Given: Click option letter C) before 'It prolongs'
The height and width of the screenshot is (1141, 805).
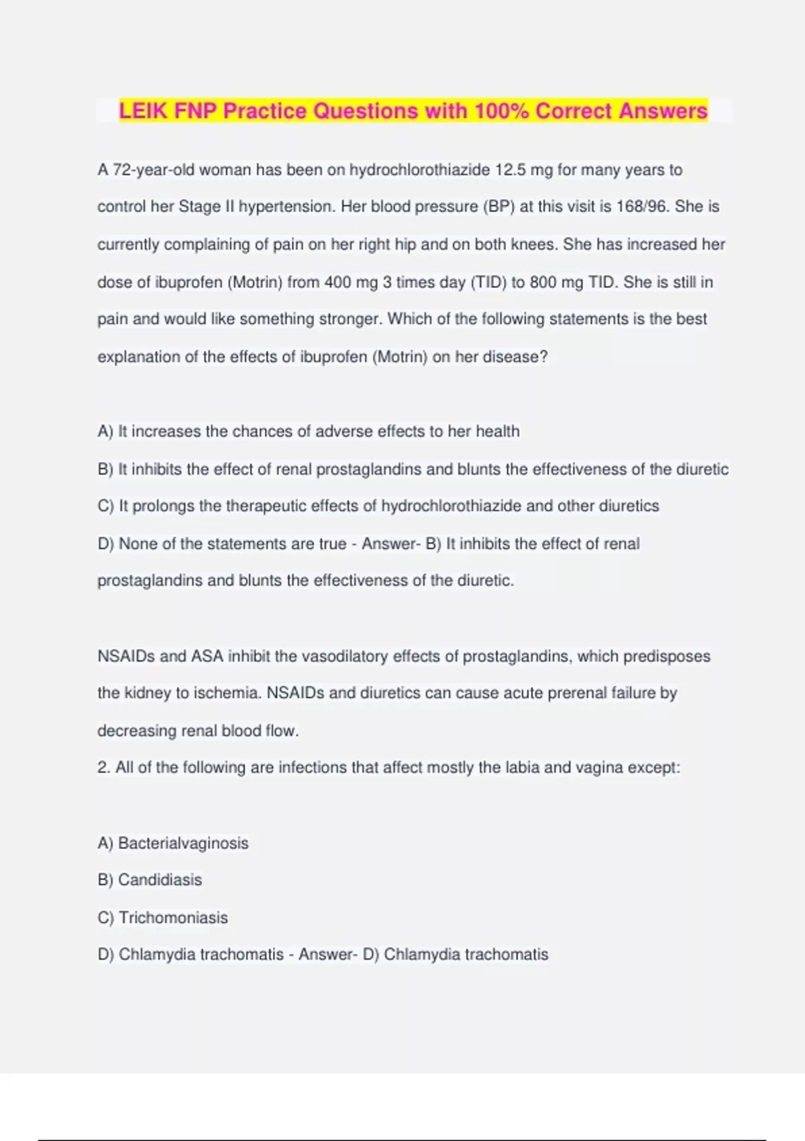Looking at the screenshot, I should pos(106,506).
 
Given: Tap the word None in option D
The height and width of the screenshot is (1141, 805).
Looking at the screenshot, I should pos(138,544).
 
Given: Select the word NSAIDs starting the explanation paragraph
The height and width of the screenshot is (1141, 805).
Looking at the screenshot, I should pos(125,656).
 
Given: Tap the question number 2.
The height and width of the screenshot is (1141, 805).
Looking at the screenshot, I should pos(103,768).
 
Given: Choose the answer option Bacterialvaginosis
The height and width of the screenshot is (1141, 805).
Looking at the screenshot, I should pos(183,844).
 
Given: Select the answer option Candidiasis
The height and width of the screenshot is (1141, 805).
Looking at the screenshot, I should pos(160,880).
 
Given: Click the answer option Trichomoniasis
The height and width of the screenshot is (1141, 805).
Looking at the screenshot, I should pos(173,917).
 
